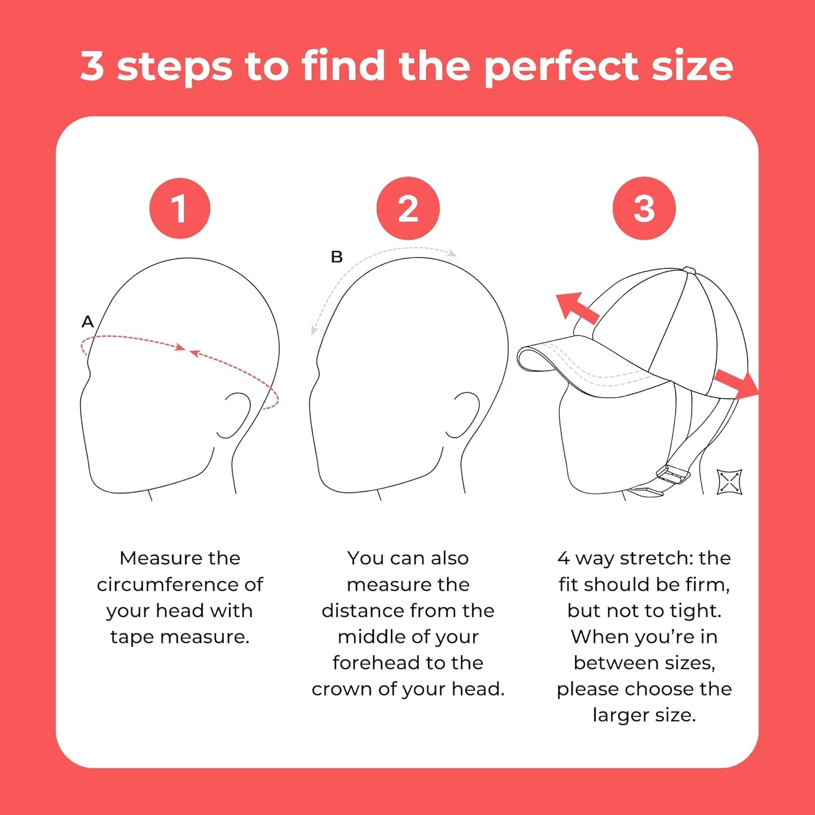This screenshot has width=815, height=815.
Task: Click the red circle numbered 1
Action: point(179,208)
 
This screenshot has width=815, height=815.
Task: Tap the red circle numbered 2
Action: point(407,208)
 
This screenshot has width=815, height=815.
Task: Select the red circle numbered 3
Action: point(644,208)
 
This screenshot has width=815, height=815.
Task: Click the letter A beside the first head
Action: point(87,322)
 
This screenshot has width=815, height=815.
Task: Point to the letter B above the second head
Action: point(337,257)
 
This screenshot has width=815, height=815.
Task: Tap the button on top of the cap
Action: point(688,270)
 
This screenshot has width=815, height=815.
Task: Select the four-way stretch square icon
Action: point(729,482)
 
